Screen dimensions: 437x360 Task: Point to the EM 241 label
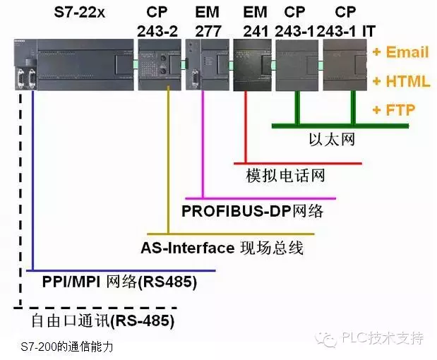pos(254,22)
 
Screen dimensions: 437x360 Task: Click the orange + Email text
pos(400,52)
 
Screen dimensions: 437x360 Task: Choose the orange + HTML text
pos(401,81)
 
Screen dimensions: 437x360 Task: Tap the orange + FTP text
pos(394,110)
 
